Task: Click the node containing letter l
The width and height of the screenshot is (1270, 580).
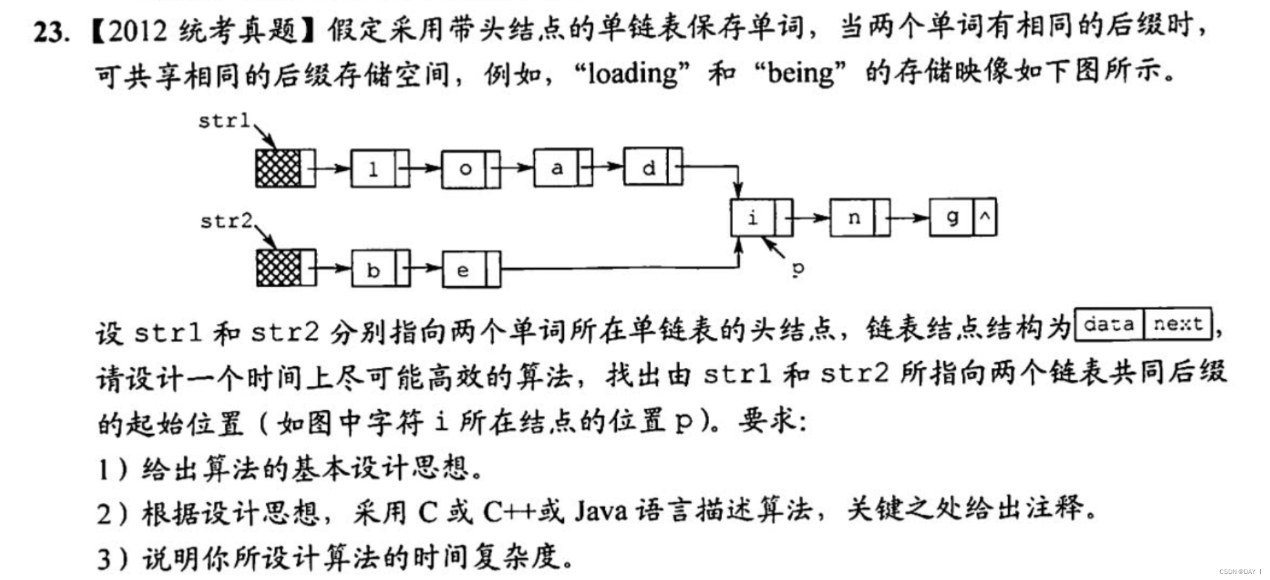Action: tap(380, 168)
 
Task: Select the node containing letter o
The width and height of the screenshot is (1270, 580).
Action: tap(471, 168)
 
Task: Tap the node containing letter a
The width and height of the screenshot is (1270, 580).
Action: tap(563, 168)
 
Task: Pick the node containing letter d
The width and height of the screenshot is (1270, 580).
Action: tap(653, 167)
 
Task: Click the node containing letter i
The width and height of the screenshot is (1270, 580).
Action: tap(761, 217)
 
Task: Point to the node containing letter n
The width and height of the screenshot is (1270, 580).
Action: tap(860, 217)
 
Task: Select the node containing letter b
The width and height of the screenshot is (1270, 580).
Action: tap(380, 269)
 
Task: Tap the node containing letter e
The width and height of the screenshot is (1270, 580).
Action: tap(471, 269)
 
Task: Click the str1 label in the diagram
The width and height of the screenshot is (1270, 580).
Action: tap(224, 121)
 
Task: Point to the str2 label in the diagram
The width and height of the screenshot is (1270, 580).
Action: tap(226, 221)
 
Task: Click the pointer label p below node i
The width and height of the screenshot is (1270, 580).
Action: tap(798, 268)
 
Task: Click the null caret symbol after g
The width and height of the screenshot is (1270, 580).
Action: tap(985, 216)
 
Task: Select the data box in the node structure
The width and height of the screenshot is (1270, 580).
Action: tap(1109, 324)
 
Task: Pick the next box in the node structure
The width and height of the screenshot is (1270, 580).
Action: tap(1178, 324)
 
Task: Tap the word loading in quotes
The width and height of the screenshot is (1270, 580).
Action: tap(633, 74)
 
